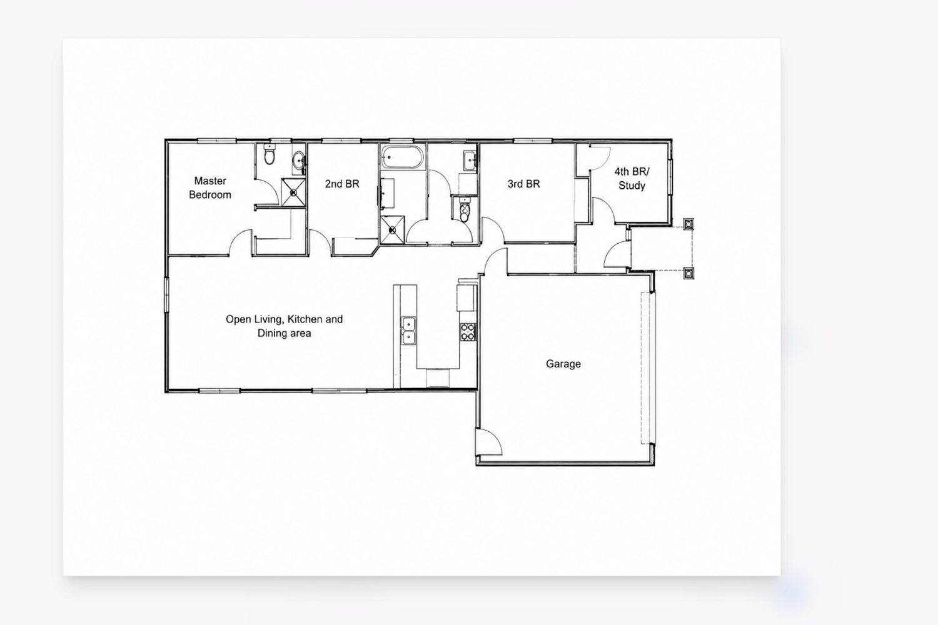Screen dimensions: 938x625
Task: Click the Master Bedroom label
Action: tap(209, 187)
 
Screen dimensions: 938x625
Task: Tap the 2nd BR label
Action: tap(342, 184)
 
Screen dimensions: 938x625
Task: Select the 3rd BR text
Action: tap(523, 184)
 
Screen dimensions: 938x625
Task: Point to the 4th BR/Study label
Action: tap(632, 178)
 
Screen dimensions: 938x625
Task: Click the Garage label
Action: tap(563, 364)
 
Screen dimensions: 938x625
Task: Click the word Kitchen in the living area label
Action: tap(305, 319)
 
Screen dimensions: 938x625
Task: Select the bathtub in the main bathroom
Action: tap(402, 157)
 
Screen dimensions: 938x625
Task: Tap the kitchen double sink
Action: tap(409, 330)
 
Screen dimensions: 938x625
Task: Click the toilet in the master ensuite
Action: tap(270, 154)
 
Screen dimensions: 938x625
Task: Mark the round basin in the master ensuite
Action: tap(299, 161)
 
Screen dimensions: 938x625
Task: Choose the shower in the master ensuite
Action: tap(293, 192)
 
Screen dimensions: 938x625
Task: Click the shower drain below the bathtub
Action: tap(392, 230)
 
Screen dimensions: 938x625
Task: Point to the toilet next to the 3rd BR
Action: tap(465, 210)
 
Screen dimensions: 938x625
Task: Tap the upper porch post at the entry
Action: tap(688, 224)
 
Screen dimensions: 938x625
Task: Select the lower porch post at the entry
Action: tap(688, 273)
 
